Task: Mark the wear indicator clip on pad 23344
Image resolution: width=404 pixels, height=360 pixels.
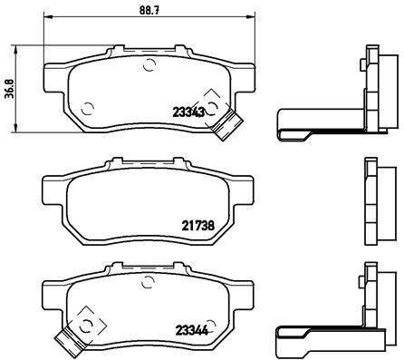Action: point(65,341)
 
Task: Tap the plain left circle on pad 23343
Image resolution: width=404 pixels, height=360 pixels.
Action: point(88,111)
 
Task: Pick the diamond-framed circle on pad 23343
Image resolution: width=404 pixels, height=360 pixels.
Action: point(212,105)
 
